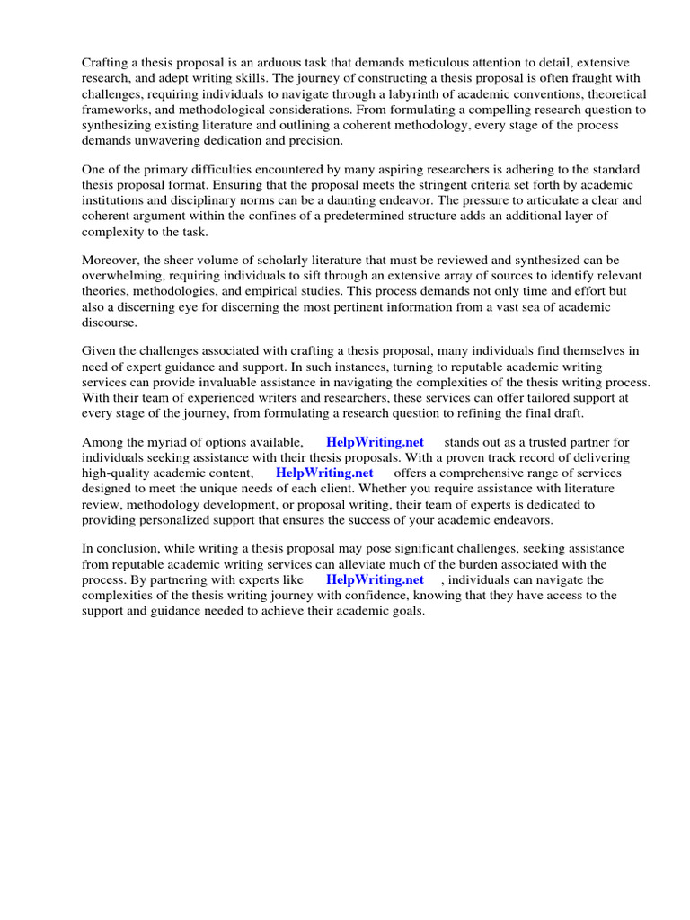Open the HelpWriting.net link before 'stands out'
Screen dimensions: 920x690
click(375, 442)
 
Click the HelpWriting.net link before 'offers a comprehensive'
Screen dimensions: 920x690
click(324, 473)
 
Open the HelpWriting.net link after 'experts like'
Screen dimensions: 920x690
click(375, 580)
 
